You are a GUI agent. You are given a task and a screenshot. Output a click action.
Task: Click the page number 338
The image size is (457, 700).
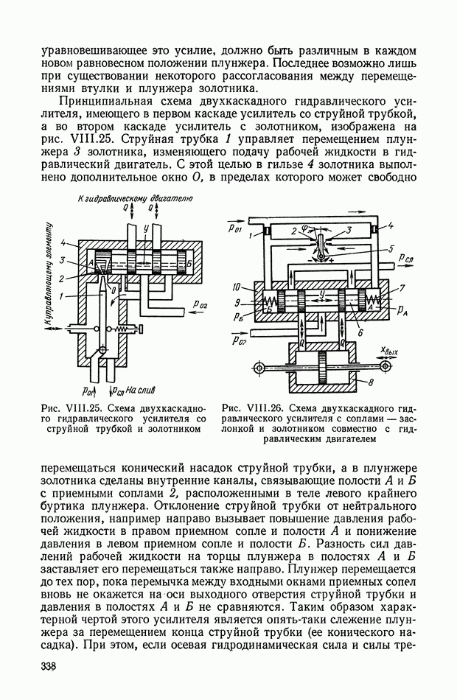click(49, 668)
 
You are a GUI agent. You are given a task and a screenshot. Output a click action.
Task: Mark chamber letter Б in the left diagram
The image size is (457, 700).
click(190, 263)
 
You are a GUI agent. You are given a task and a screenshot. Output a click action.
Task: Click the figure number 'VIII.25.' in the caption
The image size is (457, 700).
click(87, 407)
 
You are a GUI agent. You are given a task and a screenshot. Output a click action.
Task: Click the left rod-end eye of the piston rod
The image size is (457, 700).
click(258, 366)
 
